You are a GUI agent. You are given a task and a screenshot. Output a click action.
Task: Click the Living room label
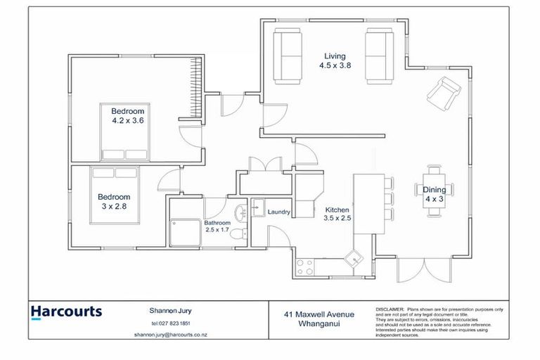coord(335,56)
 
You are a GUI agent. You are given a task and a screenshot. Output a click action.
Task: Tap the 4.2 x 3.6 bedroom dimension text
coord(127,120)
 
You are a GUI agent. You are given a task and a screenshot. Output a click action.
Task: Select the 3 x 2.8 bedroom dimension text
coord(114,207)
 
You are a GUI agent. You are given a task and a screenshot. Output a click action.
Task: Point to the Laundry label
coord(278,211)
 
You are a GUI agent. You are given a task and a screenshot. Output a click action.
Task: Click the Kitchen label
coord(337,210)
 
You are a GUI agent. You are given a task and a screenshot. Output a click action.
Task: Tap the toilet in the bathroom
coord(238,233)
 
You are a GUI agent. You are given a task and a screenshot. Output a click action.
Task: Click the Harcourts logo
coord(66,312)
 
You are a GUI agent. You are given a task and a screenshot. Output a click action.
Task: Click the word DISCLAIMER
coord(390,309)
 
